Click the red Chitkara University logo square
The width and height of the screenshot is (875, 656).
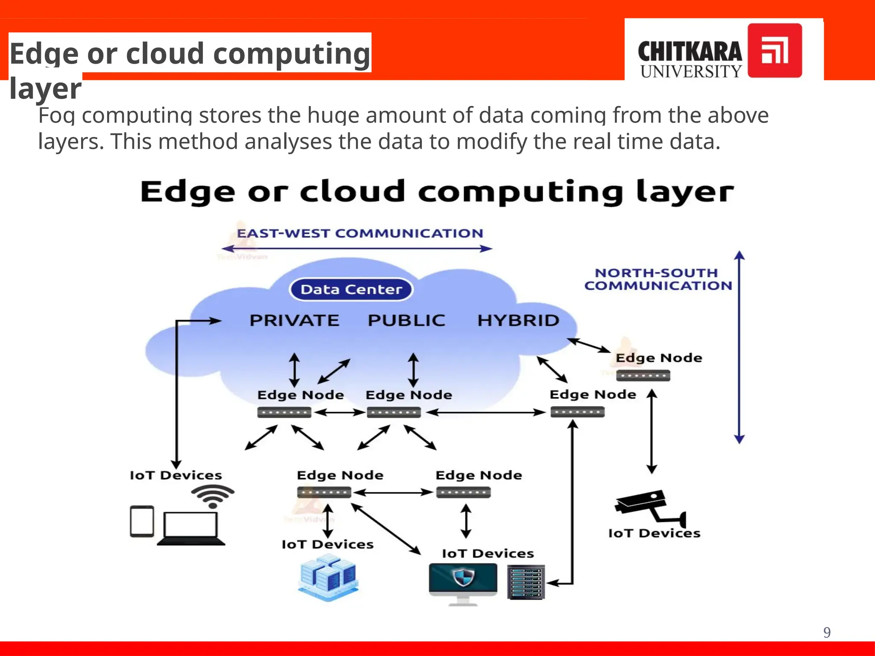pos(774,50)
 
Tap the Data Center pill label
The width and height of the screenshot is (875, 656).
pos(351,290)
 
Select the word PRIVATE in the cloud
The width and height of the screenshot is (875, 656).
pos(294,320)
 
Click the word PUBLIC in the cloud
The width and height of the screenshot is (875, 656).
pos(406,320)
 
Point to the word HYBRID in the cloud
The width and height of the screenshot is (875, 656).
pos(518,320)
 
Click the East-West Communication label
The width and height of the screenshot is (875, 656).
pos(360,234)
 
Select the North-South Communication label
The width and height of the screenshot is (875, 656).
pos(658,279)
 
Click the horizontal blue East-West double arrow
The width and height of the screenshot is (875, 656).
pos(357,249)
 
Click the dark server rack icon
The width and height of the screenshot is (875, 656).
pos(526,582)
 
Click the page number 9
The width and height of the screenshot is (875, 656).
pos(827,633)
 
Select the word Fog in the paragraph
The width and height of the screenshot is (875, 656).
pos(56,116)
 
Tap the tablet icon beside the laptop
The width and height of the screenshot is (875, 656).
pos(142,521)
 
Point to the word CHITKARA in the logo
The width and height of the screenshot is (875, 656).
pos(690,52)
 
